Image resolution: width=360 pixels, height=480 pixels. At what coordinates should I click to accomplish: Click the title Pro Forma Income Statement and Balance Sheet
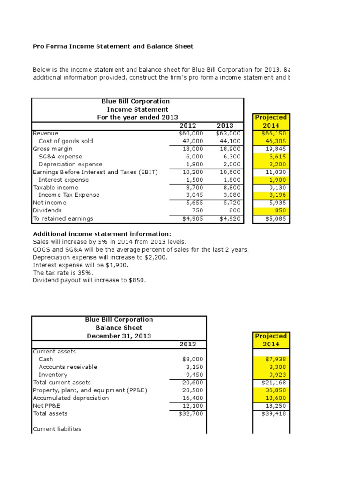tap(113, 46)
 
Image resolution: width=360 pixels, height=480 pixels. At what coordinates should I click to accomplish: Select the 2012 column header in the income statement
tap(187, 126)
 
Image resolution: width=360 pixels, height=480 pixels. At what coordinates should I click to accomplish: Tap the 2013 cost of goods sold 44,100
tap(230, 141)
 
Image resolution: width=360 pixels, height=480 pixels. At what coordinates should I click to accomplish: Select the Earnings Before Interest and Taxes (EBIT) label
tap(95, 172)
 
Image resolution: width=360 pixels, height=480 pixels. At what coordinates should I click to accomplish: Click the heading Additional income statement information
tap(102, 234)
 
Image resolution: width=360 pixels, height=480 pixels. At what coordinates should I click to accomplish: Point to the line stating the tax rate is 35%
tap(63, 272)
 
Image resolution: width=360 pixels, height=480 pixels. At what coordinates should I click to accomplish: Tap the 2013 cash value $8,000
tap(193, 359)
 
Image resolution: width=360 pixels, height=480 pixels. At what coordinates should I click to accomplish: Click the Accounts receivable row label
tap(68, 367)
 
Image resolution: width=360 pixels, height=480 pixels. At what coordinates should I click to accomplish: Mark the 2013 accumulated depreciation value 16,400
tap(193, 398)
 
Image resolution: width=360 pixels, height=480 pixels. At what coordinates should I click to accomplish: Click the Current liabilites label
tap(57, 428)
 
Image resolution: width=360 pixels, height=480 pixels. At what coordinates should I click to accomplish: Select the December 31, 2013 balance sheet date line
tap(119, 336)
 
